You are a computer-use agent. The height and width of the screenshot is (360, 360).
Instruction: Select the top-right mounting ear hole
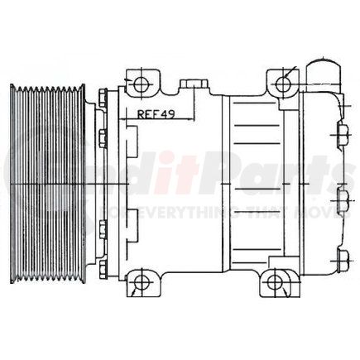coord(284,81)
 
